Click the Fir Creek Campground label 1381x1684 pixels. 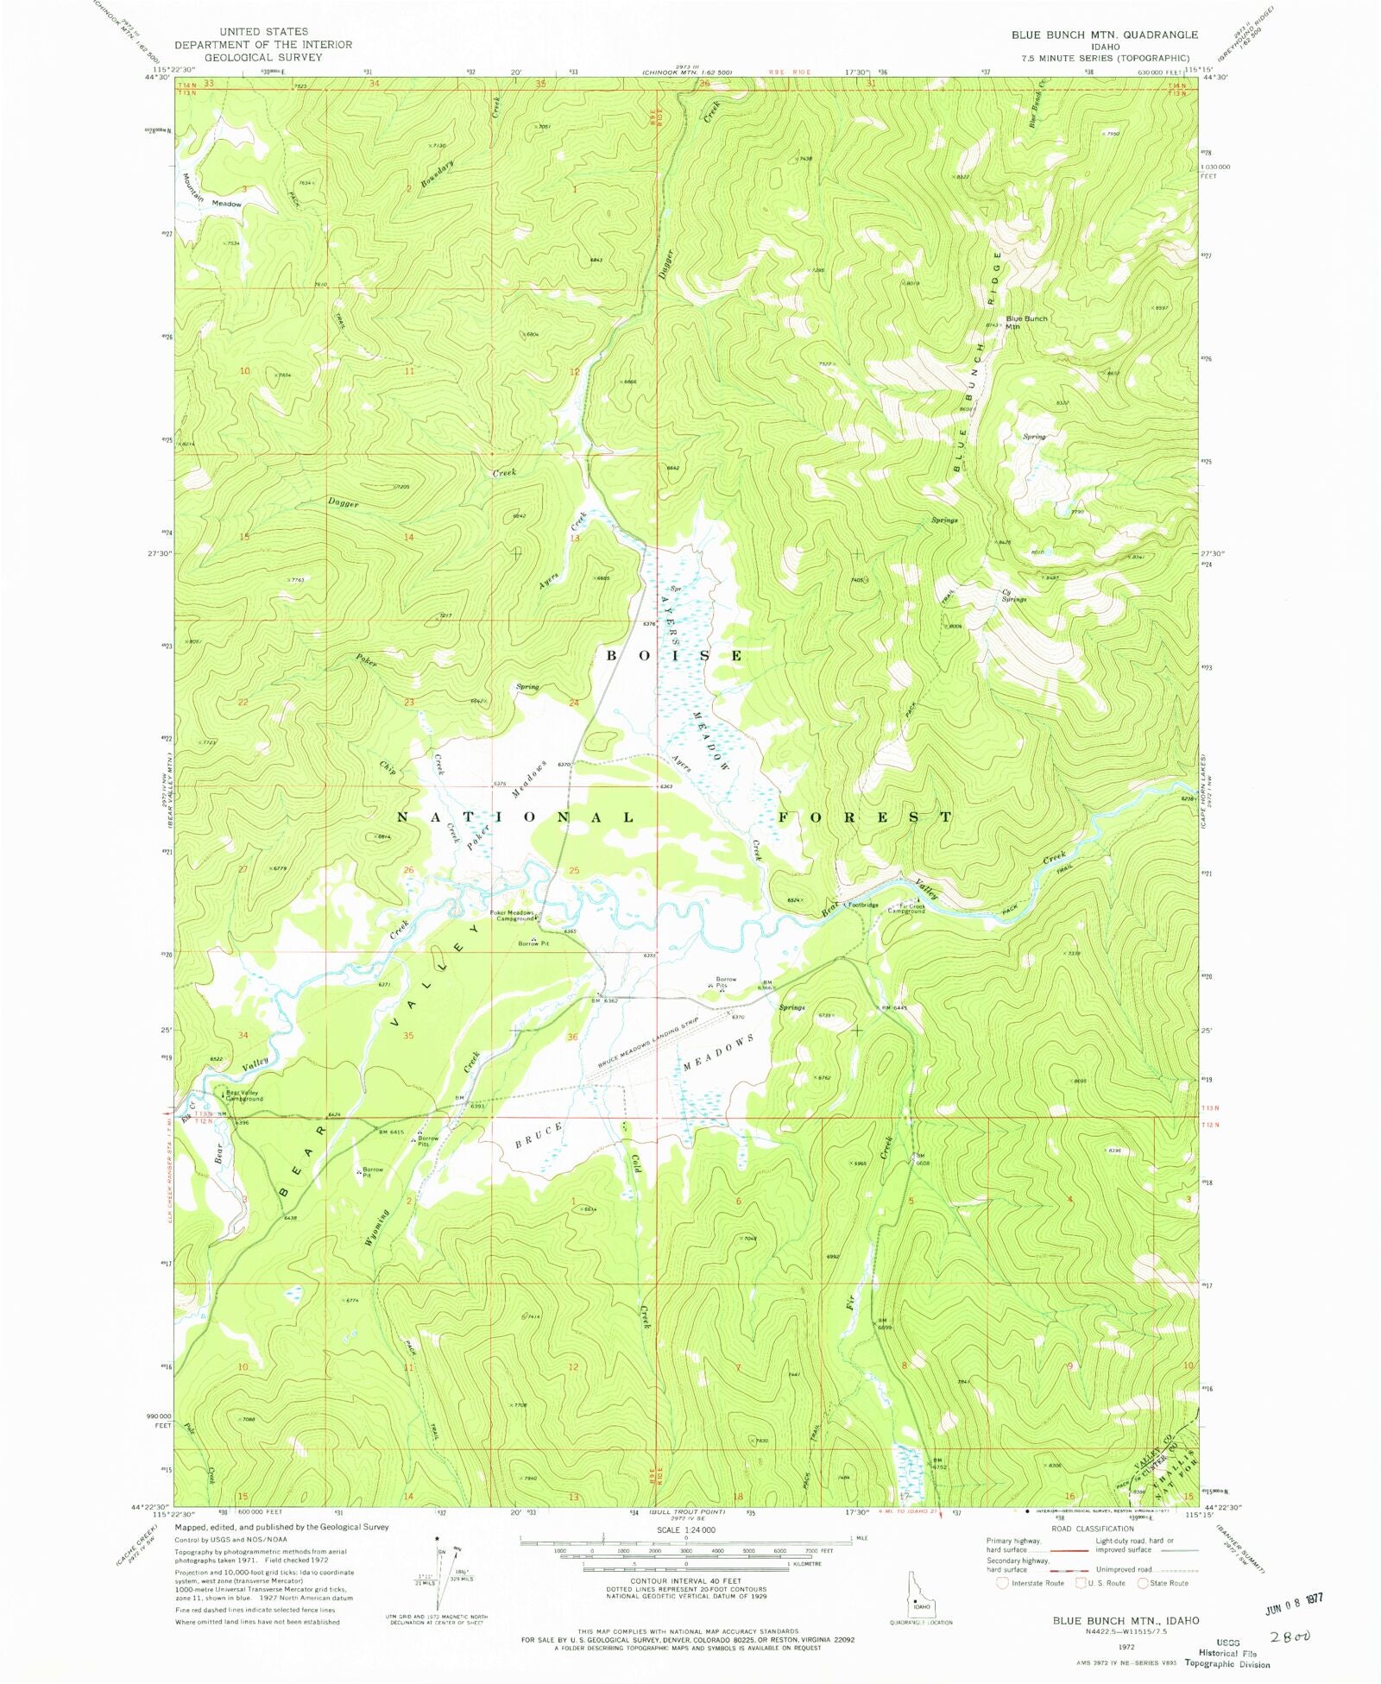click(x=906, y=908)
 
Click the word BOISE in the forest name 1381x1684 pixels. click(x=674, y=656)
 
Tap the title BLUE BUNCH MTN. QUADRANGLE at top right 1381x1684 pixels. click(x=1105, y=35)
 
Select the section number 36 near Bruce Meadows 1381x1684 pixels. click(x=572, y=1037)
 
